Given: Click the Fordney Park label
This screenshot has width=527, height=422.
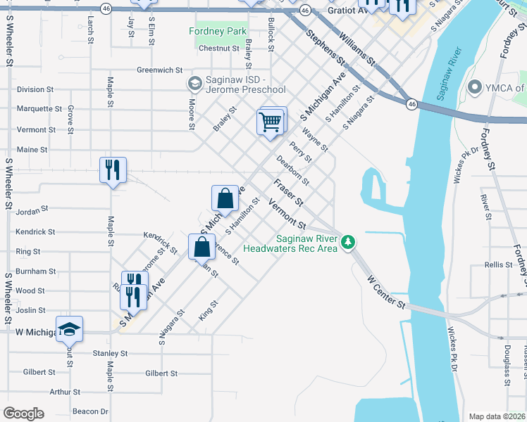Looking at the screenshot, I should [218, 32].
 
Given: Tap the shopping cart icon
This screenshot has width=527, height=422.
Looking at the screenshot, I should [271, 122].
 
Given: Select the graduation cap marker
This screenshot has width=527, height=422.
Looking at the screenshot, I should [69, 328].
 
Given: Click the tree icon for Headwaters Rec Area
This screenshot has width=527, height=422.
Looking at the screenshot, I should [347, 243].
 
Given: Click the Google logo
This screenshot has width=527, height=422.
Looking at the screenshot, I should [24, 414].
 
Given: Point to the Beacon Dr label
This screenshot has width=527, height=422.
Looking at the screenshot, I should [90, 411].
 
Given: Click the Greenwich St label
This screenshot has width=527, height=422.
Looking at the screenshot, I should [160, 70].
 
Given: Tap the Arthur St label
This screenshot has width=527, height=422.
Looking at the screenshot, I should [65, 392].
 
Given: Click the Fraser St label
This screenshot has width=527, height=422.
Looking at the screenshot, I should [288, 192].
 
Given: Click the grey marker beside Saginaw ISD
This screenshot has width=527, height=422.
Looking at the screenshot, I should [194, 84].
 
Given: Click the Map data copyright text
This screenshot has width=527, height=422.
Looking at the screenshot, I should [497, 416].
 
